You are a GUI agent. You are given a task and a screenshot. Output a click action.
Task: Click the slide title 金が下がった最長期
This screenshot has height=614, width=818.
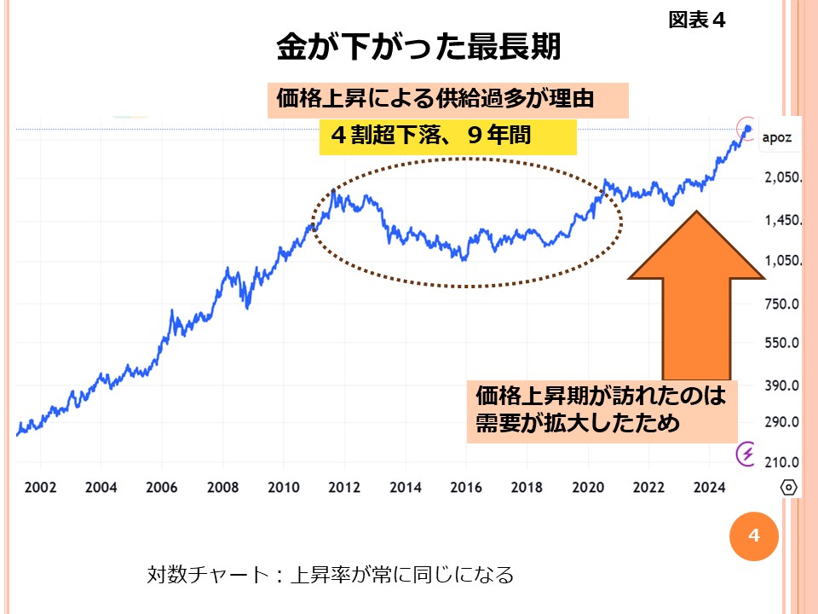point(418,47)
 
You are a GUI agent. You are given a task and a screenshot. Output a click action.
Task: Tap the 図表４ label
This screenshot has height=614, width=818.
point(696,20)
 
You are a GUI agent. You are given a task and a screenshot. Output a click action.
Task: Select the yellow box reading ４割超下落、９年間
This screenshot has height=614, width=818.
point(447,137)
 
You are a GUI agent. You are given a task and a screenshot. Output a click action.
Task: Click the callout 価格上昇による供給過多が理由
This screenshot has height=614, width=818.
point(449,100)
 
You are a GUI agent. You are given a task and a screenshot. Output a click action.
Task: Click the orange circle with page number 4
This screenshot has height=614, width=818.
point(752,536)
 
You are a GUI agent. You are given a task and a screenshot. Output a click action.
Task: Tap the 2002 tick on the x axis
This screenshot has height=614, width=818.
point(40,487)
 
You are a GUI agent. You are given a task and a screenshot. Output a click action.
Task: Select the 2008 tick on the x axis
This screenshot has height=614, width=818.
point(222,487)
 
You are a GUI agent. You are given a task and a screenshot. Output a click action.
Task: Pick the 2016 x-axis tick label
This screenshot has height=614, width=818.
point(466,487)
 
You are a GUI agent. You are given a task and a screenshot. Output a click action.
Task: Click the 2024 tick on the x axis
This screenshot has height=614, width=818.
point(710,487)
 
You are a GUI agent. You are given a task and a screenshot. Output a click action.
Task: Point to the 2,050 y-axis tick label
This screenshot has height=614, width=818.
point(781,178)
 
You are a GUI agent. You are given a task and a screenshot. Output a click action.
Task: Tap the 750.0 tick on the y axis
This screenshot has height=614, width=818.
point(781,304)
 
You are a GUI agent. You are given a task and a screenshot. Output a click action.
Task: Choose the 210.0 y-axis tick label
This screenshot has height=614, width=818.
point(781,462)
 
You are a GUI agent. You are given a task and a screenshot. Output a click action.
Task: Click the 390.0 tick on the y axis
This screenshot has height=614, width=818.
point(781,385)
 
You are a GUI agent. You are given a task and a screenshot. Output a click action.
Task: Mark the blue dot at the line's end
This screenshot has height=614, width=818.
point(748,129)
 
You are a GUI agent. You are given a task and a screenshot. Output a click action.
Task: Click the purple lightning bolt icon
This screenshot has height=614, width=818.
point(747,454)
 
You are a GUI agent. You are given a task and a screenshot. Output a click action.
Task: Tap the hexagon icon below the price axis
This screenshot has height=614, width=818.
point(789,487)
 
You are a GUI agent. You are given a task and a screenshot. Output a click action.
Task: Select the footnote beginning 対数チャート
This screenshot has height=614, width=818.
point(331,574)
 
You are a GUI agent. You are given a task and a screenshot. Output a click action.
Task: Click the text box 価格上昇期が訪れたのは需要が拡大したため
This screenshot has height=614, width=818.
point(600,410)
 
